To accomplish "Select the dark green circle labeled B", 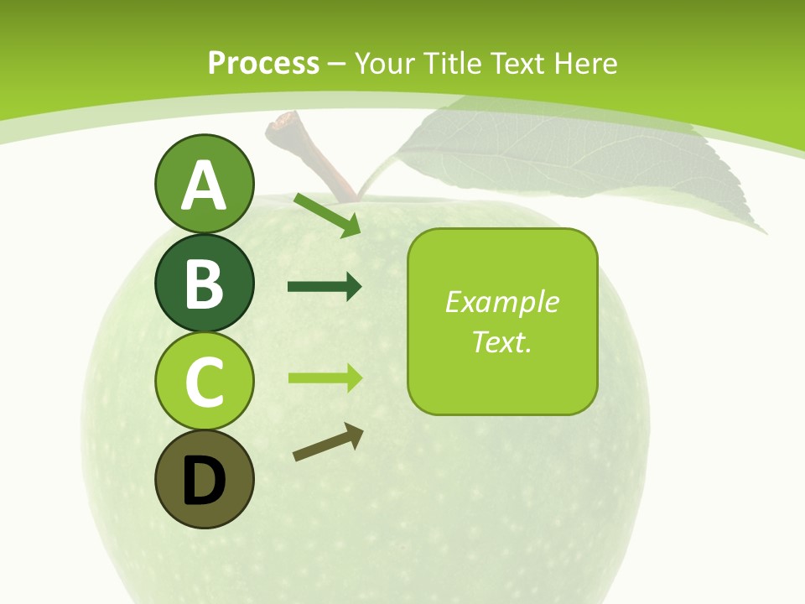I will coord(204,284).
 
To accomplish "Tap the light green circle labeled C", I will coord(204,381).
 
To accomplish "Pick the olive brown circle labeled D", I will coord(204,479).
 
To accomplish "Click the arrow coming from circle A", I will coord(327,215).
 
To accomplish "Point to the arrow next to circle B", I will coord(325,287).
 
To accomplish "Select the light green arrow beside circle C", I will coord(325,377).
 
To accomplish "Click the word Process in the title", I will coord(263,64).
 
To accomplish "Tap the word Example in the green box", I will coord(501,302).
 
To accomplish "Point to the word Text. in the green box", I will coord(501,341).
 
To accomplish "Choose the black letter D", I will coord(204,482).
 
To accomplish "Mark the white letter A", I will coord(204,186).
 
